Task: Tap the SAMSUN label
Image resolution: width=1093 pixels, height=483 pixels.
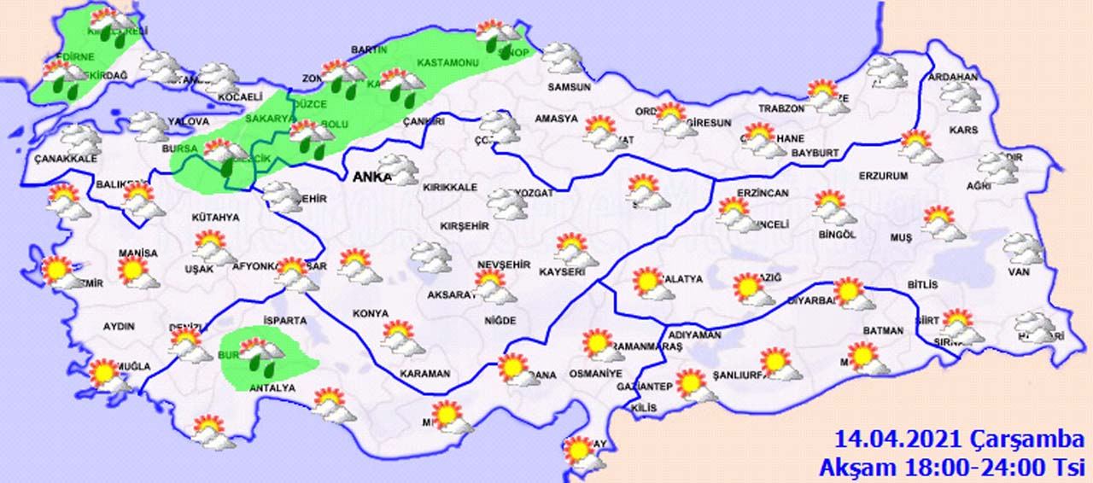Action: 570,87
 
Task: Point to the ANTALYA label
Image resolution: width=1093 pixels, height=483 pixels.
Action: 272,388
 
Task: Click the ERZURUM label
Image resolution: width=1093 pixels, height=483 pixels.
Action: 884,176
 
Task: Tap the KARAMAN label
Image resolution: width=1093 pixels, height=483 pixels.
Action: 424,374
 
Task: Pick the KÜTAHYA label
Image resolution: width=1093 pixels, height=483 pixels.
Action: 215,218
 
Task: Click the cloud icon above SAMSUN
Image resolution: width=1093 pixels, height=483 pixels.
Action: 563,58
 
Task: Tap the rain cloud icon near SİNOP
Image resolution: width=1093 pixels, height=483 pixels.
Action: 500,36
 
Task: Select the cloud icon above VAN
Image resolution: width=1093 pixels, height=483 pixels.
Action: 1023,248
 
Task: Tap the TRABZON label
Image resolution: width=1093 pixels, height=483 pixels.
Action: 781,108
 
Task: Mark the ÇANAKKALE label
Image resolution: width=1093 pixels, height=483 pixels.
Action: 66,159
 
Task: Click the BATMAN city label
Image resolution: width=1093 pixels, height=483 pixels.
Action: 883,330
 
